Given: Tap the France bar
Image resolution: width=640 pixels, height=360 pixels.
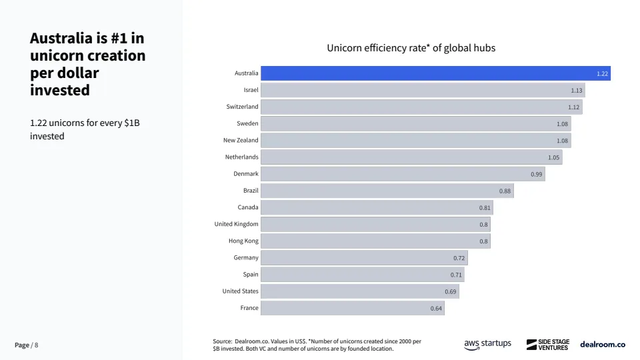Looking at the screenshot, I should coord(352,308).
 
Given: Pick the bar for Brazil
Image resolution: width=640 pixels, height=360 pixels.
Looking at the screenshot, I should coord(387,191).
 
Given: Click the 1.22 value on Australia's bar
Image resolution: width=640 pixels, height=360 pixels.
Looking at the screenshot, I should coord(602,73).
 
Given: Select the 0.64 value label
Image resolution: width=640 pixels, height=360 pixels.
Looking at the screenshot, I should coord(436,308).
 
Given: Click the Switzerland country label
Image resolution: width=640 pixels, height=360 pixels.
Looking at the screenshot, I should coord(242,107).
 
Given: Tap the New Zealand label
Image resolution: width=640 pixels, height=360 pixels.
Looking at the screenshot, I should coord(241,140).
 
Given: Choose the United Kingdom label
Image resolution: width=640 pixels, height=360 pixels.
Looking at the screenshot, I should coord(236,224).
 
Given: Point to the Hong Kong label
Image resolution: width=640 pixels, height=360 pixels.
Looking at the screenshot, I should coord(243,241).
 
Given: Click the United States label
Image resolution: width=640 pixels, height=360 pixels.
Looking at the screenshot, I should coord(240,291).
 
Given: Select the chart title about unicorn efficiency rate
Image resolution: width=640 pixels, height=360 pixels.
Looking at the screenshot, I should coord(411,48).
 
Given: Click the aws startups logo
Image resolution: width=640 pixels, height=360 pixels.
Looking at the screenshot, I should coord(487,344).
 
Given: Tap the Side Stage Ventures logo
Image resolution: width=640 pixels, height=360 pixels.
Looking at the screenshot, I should coord(548,345).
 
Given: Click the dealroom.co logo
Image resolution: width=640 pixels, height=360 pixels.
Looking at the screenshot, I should coord(603,345).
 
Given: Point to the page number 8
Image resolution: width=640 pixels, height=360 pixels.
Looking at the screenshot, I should coord(37,345).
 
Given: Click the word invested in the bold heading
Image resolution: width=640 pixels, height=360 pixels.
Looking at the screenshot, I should coord(60,90).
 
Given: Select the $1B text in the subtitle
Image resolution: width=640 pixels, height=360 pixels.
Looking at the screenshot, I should coord(131,123).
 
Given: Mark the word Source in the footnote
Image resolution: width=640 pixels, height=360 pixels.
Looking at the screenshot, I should coord(222,341).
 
